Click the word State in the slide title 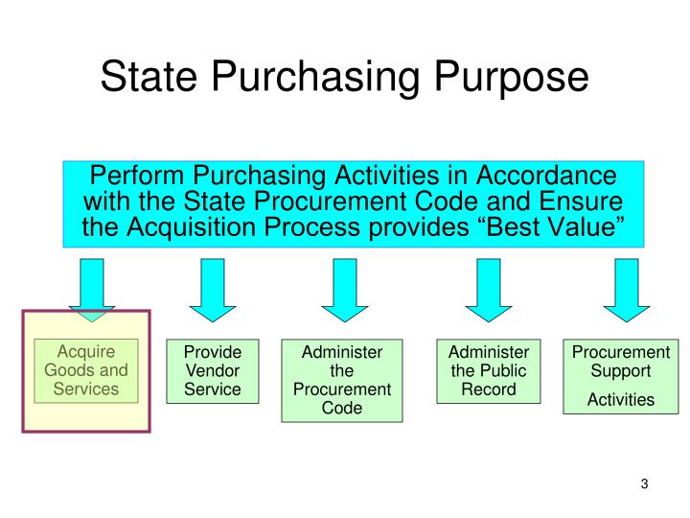[153, 77]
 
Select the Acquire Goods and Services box [86, 370]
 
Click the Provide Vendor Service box [212, 370]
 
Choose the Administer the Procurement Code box [342, 380]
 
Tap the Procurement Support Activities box [621, 376]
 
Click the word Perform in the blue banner [136, 178]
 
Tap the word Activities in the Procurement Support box [621, 399]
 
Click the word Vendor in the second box [212, 370]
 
